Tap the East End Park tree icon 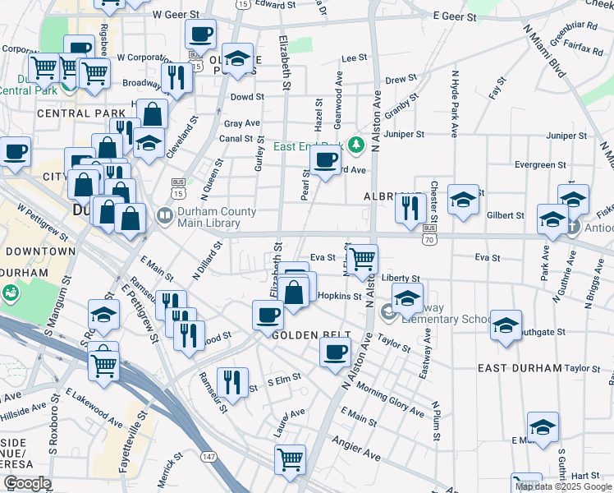point(355,145)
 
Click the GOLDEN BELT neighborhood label point(311,335)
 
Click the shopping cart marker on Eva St point(362,260)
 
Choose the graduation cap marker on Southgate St point(506,325)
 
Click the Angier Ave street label point(357,449)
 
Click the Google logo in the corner point(27,483)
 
